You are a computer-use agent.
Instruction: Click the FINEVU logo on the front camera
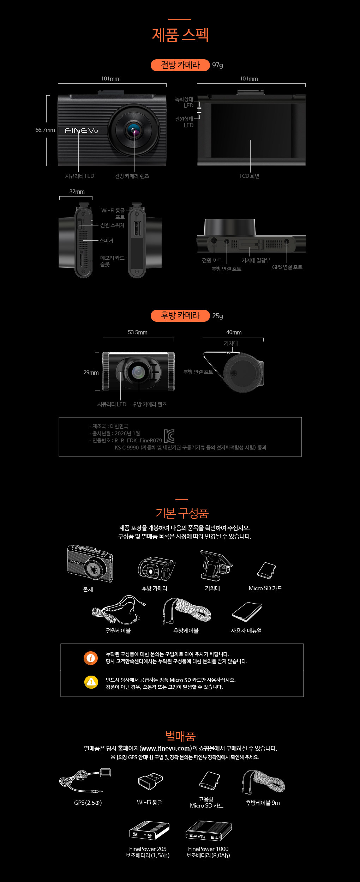tap(81, 131)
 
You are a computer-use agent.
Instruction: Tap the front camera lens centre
tap(134, 131)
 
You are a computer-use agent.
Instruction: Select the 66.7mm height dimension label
tap(45, 130)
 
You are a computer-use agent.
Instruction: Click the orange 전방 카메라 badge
tap(180, 65)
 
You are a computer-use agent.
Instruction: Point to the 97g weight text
tap(217, 65)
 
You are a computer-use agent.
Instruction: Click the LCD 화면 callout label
tap(250, 176)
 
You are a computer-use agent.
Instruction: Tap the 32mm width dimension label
tap(77, 192)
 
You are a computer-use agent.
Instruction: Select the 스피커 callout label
tap(106, 241)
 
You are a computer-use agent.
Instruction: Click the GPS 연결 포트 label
tap(287, 267)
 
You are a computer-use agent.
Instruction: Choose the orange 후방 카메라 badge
tap(180, 315)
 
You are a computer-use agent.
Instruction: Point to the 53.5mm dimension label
tap(138, 332)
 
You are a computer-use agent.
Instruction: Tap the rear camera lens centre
tap(138, 372)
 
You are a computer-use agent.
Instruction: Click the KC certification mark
tap(169, 436)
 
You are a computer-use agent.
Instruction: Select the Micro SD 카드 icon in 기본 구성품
tap(266, 570)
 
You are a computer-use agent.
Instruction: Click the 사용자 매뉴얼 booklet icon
tap(247, 612)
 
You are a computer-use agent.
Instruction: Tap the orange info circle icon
tap(91, 658)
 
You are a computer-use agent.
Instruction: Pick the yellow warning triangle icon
tap(91, 682)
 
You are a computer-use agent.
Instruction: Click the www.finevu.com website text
tap(166, 748)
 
